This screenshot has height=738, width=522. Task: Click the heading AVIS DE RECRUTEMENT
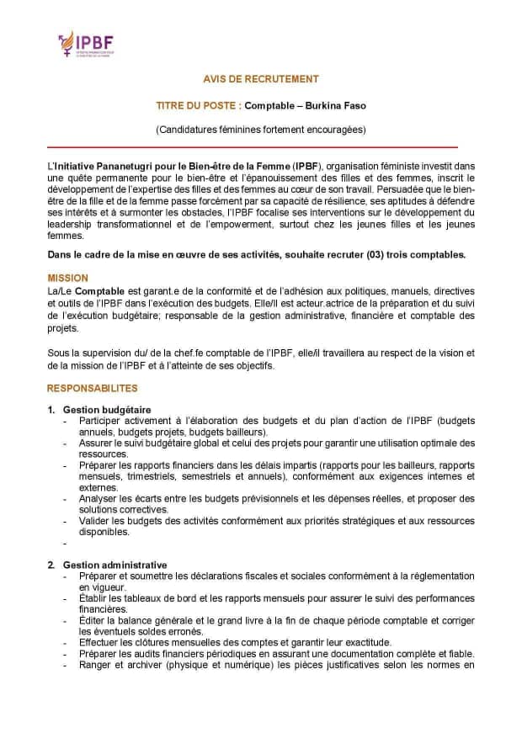[x=261, y=79]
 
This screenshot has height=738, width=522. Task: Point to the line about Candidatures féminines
[x=261, y=130]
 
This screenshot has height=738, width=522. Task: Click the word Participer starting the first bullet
[x=100, y=420]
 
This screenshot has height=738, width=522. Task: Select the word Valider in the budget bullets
[x=95, y=521]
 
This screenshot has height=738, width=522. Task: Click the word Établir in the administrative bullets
[x=95, y=597]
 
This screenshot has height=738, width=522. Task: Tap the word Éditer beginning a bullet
[x=93, y=620]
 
